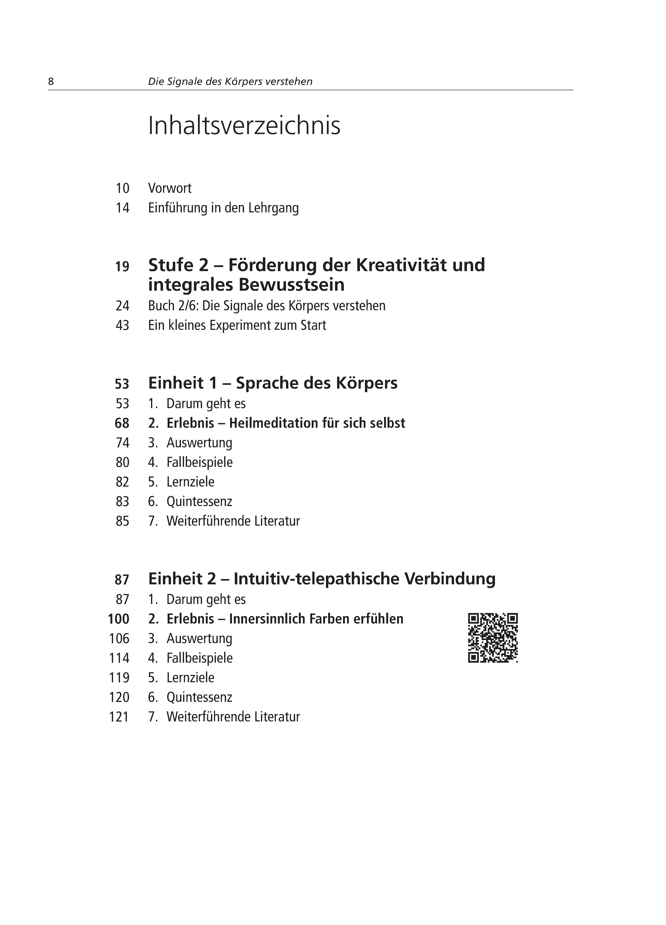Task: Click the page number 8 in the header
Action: (x=51, y=82)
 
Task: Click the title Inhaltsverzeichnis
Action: (x=244, y=126)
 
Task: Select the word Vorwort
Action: (x=170, y=188)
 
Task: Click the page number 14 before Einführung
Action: (x=122, y=208)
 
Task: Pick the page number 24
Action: (x=122, y=306)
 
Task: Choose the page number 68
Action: (x=122, y=423)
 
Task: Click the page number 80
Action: (x=122, y=463)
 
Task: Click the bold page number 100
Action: (x=119, y=619)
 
